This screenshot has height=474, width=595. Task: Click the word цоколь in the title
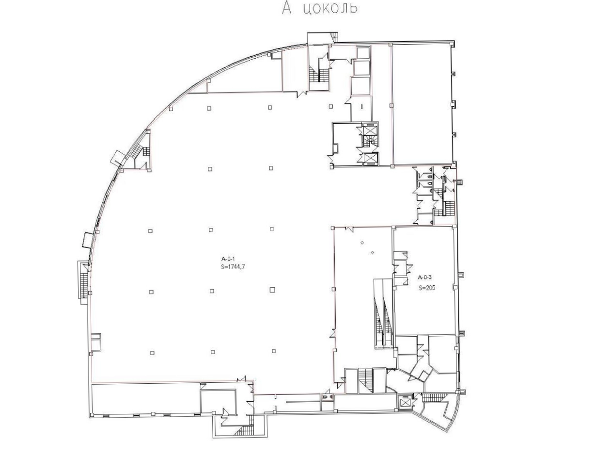coord(330,8)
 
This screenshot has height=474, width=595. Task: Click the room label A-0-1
coord(228,259)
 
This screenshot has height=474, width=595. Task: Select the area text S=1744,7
coord(233,267)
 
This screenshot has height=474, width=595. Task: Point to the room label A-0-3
coord(424,277)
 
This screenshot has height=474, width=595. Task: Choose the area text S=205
coord(427,288)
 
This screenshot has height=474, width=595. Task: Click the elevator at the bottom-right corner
coord(406,402)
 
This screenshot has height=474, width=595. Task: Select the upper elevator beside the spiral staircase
coord(369,130)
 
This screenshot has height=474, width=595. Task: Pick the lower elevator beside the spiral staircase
coord(370,158)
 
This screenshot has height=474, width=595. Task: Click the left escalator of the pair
coord(378,313)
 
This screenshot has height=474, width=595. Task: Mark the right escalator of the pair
coord(388,313)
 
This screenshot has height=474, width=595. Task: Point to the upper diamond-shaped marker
coord(362,243)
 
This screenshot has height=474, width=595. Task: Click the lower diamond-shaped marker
coord(373,252)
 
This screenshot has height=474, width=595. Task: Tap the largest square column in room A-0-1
coord(272,290)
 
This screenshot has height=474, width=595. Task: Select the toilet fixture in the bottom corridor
coord(327,397)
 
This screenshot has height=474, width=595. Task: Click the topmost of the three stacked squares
coord(363,53)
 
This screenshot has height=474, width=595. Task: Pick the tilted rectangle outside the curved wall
coord(117,158)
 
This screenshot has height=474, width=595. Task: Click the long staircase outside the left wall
coord(83,283)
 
